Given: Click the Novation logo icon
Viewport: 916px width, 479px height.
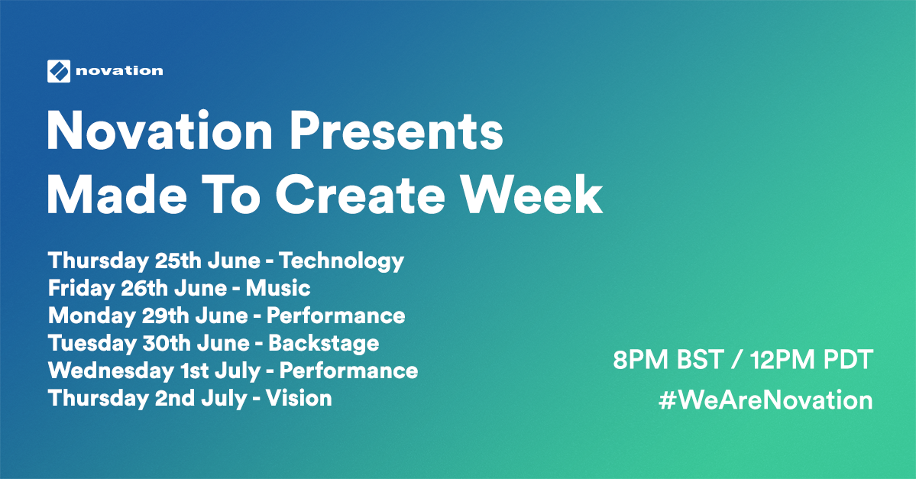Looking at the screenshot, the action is pyautogui.click(x=58, y=71).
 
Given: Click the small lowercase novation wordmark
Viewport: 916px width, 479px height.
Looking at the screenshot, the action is pyautogui.click(x=119, y=71).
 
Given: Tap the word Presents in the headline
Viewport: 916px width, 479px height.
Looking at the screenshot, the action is pyautogui.click(x=396, y=131).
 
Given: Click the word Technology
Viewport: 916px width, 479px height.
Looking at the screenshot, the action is pyautogui.click(x=341, y=261).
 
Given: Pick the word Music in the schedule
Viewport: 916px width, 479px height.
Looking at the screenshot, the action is pyautogui.click(x=278, y=288).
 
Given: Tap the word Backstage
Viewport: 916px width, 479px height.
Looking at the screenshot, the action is pyautogui.click(x=324, y=344).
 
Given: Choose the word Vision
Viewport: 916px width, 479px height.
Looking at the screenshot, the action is pyautogui.click(x=299, y=398).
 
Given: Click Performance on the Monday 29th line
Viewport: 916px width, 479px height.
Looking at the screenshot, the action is pyautogui.click(x=336, y=316).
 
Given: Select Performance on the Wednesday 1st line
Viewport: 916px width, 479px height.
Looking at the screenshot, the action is pyautogui.click(x=349, y=371).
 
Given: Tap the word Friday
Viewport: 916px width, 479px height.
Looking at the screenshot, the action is pyautogui.click(x=81, y=289).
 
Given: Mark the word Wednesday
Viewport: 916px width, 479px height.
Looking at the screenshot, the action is pyautogui.click(x=111, y=371).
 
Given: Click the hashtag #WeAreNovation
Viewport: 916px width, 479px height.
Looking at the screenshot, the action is pyautogui.click(x=765, y=401).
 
